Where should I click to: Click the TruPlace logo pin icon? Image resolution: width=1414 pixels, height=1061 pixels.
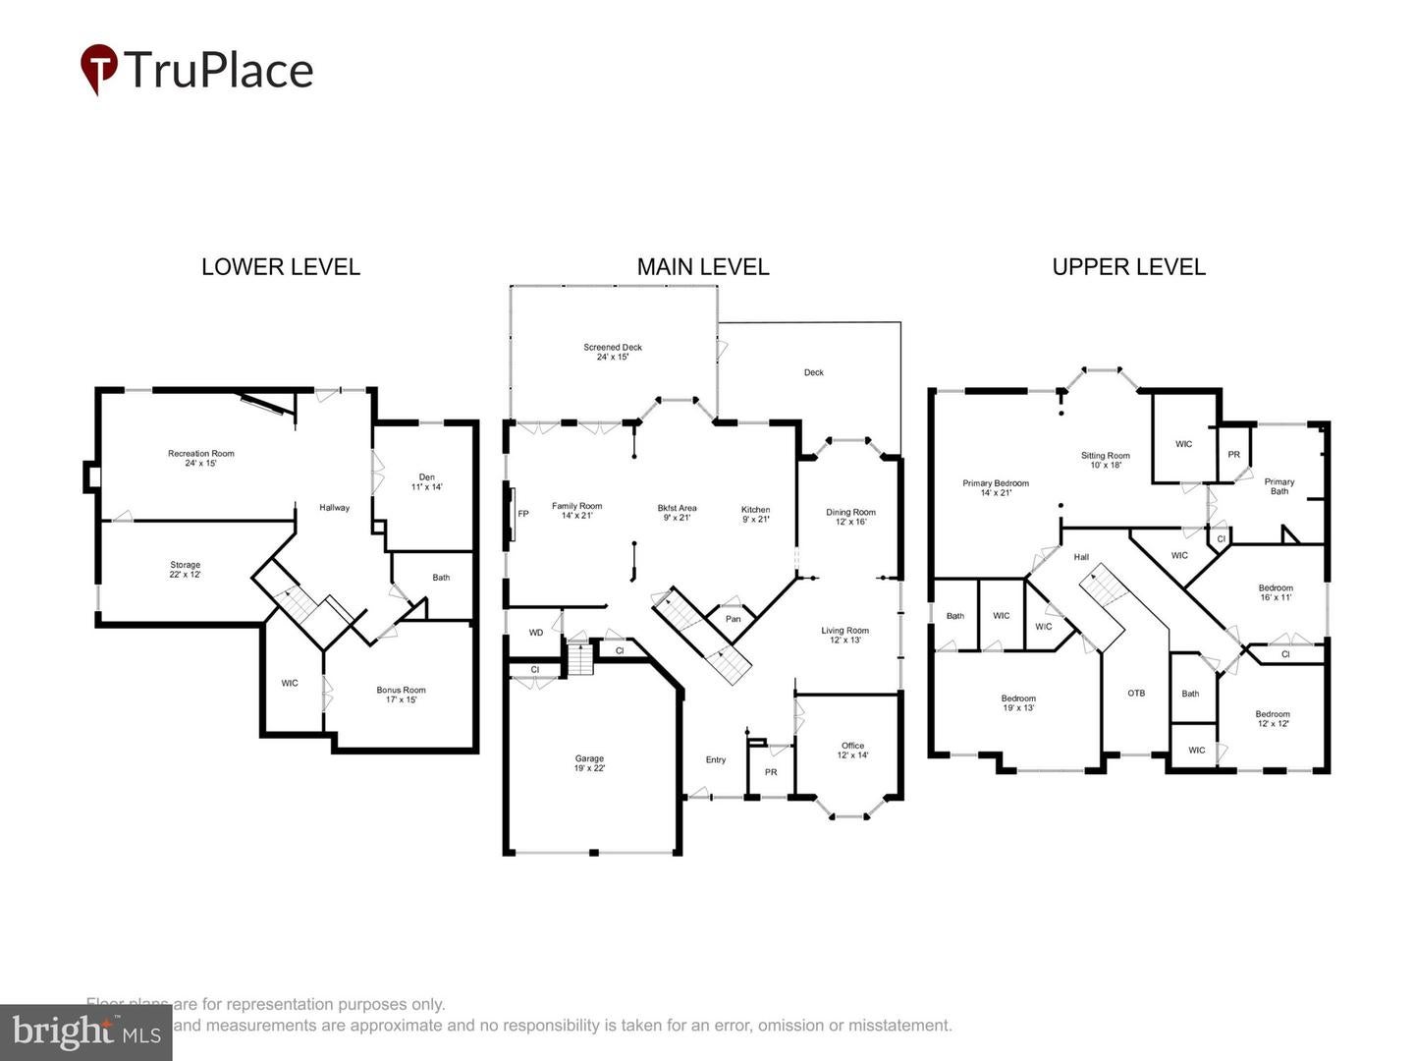(x=98, y=68)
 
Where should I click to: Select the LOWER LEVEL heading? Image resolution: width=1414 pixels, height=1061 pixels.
(x=281, y=267)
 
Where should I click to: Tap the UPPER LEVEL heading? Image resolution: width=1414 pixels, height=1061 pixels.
(x=1128, y=267)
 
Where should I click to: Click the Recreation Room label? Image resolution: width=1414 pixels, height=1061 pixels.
(x=201, y=458)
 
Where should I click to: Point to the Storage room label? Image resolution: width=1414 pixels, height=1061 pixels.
(x=185, y=569)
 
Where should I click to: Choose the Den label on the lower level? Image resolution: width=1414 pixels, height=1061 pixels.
(x=426, y=481)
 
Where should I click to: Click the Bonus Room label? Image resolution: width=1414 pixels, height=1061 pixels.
(x=401, y=695)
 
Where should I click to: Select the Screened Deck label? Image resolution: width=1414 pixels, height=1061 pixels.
(x=613, y=352)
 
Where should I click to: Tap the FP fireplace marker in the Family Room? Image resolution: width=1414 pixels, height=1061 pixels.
(x=523, y=514)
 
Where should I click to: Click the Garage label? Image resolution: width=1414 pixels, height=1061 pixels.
(x=589, y=762)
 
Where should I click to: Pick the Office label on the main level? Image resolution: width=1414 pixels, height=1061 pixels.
(x=852, y=750)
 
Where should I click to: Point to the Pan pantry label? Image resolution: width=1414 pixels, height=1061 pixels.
(x=733, y=619)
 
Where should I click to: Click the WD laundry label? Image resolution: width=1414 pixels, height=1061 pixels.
(x=536, y=633)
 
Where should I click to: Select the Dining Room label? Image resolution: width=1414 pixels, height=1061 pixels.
(x=850, y=517)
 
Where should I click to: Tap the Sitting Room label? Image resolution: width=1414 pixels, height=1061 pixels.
(x=1105, y=460)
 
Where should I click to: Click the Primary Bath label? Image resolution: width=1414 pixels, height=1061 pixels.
(x=1278, y=486)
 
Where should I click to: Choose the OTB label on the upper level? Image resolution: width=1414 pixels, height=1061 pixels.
(x=1136, y=694)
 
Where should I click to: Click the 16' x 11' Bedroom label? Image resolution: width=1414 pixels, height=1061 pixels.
(x=1276, y=592)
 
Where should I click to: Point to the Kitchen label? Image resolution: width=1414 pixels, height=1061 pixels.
(x=755, y=514)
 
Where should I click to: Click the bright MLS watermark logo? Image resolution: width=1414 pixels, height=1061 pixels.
(x=86, y=1033)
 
